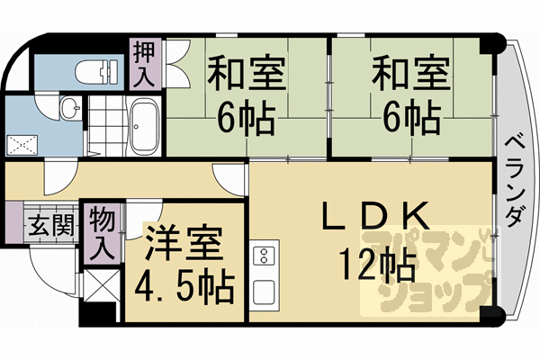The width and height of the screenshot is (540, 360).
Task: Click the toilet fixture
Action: pyautogui.click(x=94, y=71)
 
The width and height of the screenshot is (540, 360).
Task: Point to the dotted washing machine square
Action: pyautogui.click(x=22, y=144)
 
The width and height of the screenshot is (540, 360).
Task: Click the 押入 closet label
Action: pyautogui.click(x=145, y=63)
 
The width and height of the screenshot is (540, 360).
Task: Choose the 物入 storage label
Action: pyautogui.click(x=102, y=231)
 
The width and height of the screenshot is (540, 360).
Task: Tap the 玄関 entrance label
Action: pyautogui.click(x=42, y=226)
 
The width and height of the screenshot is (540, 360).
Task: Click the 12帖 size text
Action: pyautogui.click(x=377, y=264)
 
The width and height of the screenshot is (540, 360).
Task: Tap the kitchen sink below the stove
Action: pyautogui.click(x=263, y=292)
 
